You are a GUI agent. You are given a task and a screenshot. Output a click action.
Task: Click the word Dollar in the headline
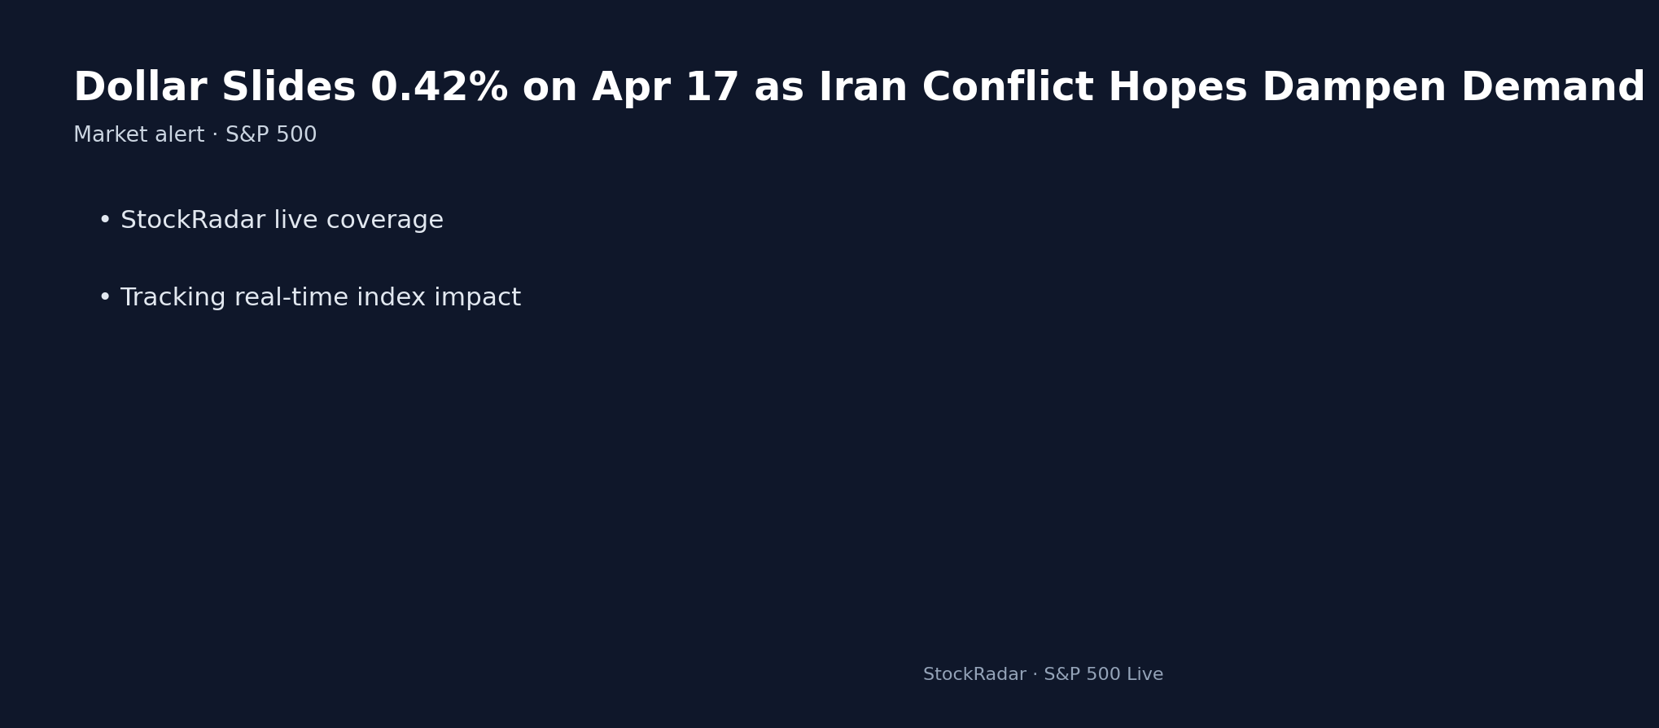click(140, 88)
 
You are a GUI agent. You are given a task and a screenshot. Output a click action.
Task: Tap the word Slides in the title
click(288, 88)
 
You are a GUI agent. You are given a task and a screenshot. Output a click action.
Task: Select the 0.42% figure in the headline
click(439, 88)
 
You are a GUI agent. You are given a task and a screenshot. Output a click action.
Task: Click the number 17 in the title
click(712, 88)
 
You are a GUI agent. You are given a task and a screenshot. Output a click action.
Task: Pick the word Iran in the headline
click(862, 88)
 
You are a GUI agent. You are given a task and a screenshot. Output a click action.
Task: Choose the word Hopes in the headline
click(1177, 88)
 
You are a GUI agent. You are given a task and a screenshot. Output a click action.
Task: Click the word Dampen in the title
click(1354, 88)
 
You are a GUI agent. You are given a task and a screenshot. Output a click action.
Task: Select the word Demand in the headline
click(1552, 88)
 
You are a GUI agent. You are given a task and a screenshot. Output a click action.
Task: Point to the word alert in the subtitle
click(180, 135)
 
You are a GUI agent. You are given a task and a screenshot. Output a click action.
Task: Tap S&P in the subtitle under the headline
click(250, 135)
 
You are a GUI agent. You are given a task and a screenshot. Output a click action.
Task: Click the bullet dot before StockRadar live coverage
click(105, 221)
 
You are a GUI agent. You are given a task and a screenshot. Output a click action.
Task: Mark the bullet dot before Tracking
click(105, 298)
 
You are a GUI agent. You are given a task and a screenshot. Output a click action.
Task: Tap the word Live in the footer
click(1145, 674)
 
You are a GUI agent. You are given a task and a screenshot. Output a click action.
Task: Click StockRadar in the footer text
click(974, 674)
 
